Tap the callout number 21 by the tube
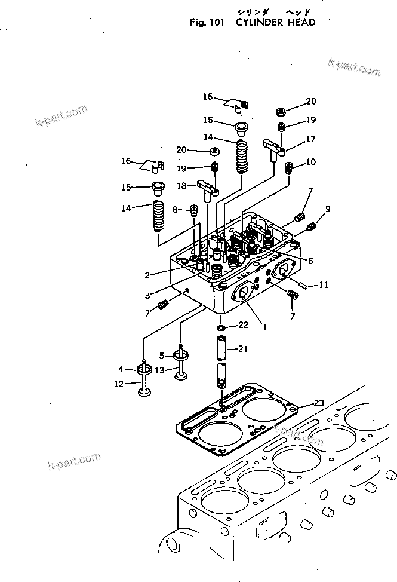click(x=243, y=349)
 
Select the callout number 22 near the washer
click(x=243, y=325)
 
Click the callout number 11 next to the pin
click(x=324, y=286)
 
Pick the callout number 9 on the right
click(x=328, y=209)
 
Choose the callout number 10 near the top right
click(x=310, y=162)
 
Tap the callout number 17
click(x=310, y=139)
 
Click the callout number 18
click(x=182, y=186)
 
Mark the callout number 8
click(x=176, y=209)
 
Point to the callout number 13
click(x=159, y=370)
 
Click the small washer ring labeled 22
click(x=221, y=328)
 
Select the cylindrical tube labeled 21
click(x=222, y=349)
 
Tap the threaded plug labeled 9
click(x=311, y=226)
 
